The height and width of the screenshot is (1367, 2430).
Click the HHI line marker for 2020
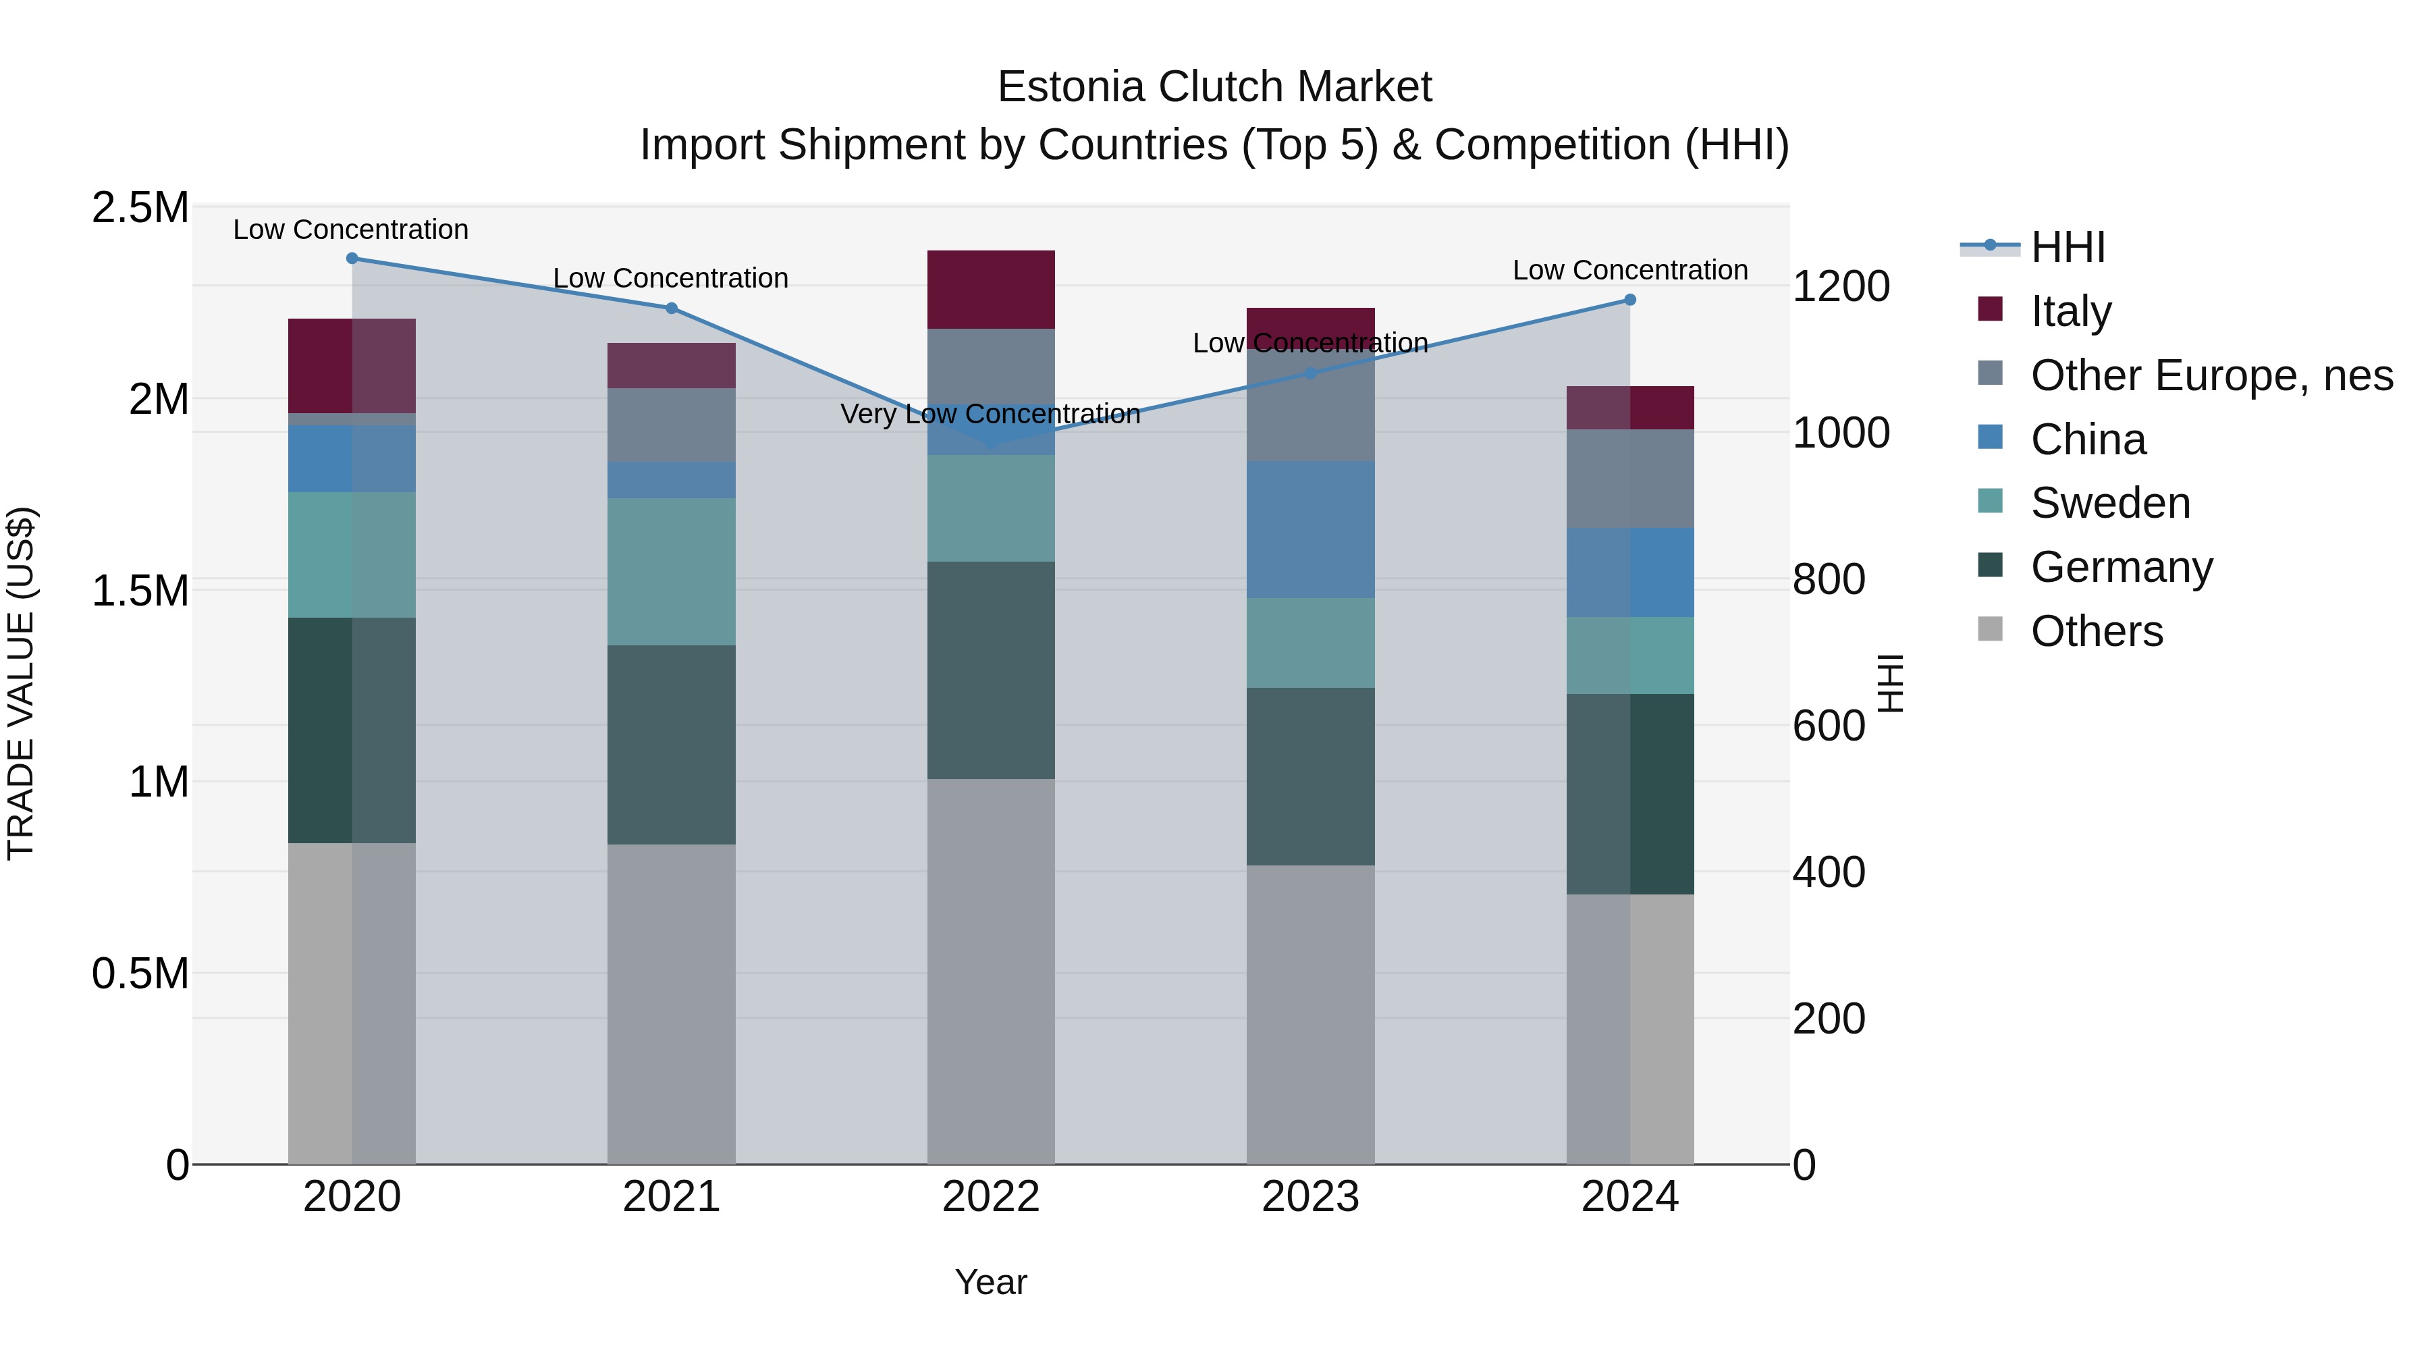click(x=352, y=259)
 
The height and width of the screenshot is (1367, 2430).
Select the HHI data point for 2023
click(x=1309, y=373)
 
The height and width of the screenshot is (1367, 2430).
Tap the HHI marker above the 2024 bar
click(x=1629, y=300)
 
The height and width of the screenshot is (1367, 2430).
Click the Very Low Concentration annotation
click(x=990, y=414)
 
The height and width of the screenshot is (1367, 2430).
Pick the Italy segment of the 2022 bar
click(x=990, y=290)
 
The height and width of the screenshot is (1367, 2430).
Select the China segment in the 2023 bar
click(x=1310, y=529)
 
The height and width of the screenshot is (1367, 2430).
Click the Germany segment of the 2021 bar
click(x=671, y=745)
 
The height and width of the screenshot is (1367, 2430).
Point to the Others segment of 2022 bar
click(x=990, y=971)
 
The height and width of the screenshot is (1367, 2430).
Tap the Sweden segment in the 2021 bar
click(x=671, y=572)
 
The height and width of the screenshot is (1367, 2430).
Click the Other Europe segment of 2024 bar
click(x=1629, y=479)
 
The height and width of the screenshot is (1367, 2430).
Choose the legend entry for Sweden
click(x=2109, y=503)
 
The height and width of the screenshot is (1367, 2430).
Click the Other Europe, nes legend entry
click(x=2210, y=375)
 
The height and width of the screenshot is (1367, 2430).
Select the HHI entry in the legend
click(x=2067, y=247)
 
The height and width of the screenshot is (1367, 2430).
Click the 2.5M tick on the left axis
click(x=140, y=207)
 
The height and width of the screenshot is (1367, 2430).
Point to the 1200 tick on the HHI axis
click(x=1839, y=287)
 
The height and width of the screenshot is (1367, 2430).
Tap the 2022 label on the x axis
click(x=990, y=1197)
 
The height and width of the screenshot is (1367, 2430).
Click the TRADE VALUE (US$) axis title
click(x=22, y=683)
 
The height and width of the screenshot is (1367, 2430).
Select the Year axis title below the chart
click(x=990, y=1282)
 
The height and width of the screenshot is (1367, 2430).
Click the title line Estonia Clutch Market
click(x=1214, y=87)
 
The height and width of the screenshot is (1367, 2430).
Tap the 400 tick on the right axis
click(x=1827, y=873)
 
